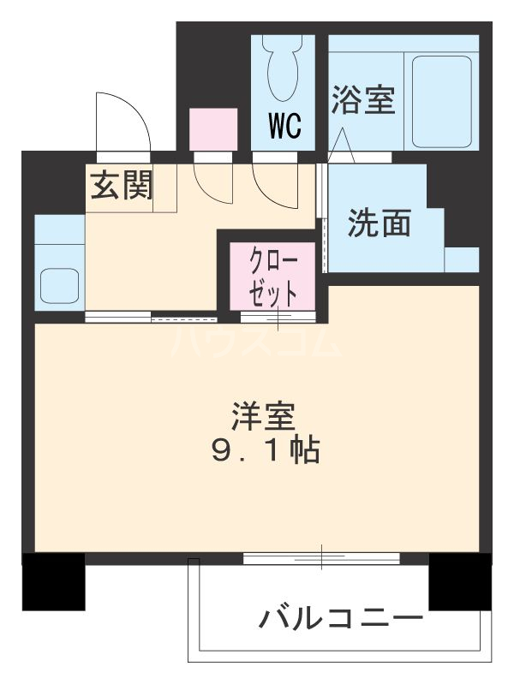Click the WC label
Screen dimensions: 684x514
tap(284, 126)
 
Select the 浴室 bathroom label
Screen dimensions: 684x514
tap(363, 100)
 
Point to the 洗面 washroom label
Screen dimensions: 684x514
tap(380, 223)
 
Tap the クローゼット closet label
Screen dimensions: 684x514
tap(273, 277)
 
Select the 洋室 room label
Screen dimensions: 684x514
tap(264, 416)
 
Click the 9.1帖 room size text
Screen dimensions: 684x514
tap(265, 449)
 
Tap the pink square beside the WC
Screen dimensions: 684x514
tap(212, 129)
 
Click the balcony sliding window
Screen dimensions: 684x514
tap(321, 559)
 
